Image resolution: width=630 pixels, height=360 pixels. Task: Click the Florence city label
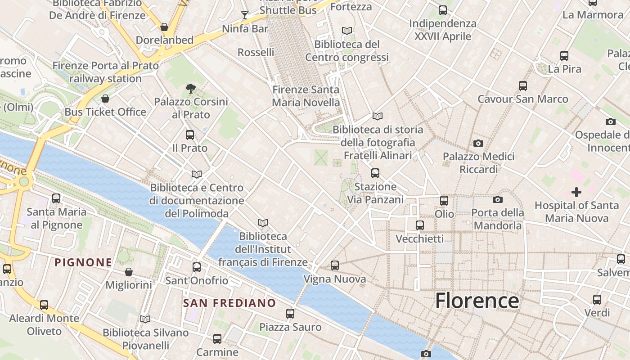pos(477,301)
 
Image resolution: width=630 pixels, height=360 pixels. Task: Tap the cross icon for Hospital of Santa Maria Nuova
pos(576,193)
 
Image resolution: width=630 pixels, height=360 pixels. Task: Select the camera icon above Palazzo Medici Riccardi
pos(478,144)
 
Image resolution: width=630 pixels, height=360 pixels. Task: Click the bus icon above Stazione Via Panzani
pos(375,173)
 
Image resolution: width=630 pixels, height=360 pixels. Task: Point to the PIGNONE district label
pos(83,262)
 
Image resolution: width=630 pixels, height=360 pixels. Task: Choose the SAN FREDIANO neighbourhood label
pos(229,303)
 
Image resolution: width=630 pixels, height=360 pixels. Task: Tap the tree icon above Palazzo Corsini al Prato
pos(191,89)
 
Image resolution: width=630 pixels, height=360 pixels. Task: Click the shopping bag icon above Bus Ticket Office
pos(105,99)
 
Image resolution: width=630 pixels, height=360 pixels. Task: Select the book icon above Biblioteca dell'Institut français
pos(263,223)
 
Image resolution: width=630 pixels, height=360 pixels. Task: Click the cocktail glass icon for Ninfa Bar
pos(244,16)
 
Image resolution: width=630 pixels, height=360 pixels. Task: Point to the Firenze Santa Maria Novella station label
pos(306,96)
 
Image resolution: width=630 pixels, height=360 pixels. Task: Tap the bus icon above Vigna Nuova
pos(335,265)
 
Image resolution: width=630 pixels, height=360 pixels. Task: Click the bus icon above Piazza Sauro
pos(290,314)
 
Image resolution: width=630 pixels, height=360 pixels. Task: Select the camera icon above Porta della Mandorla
pos(497,199)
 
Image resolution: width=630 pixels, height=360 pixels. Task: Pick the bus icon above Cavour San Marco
pos(523,85)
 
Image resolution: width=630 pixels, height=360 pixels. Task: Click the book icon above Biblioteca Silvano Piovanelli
pos(145,319)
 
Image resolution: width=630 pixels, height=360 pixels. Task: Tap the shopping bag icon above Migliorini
pos(129,272)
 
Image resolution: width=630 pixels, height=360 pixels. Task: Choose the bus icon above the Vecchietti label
pos(420,225)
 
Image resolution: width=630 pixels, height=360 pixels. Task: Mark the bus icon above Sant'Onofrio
pos(197,267)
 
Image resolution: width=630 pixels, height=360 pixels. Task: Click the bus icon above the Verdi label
pos(597,300)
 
